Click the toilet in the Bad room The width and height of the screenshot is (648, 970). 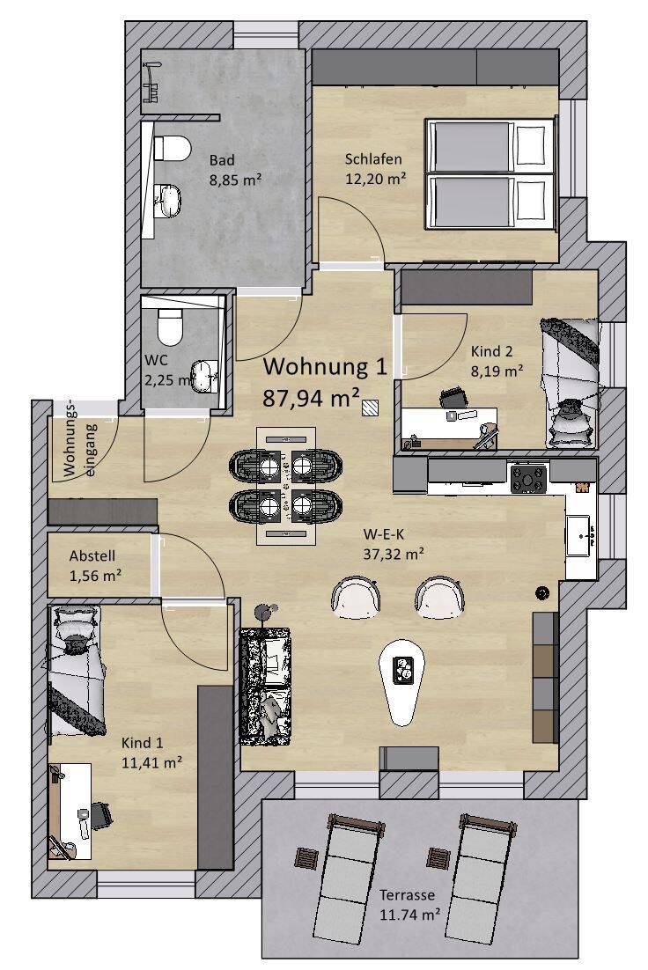tap(171, 148)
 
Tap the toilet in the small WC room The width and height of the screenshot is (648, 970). tap(170, 327)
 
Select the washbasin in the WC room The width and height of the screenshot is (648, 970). tap(204, 376)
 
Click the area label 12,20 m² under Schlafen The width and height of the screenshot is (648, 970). tap(375, 180)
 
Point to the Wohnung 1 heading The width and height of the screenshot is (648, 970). tap(325, 366)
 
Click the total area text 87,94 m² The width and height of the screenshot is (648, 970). tap(312, 397)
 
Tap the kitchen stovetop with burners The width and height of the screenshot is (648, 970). tap(528, 478)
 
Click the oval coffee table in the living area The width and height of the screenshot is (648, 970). tap(402, 681)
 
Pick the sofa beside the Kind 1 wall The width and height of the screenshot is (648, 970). tap(266, 687)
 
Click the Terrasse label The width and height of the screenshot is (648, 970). tap(407, 894)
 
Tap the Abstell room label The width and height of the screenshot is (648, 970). tap(92, 555)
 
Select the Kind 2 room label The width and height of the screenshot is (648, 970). tap(492, 351)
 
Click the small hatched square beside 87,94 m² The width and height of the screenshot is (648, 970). tap(371, 407)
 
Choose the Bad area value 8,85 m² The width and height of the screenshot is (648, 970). tap(234, 180)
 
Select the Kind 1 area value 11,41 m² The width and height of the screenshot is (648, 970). tap(151, 763)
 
